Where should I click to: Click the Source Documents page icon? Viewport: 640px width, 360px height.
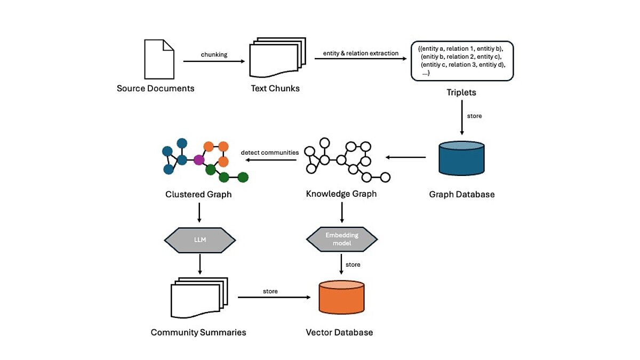159,59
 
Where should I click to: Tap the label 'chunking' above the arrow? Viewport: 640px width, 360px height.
214,54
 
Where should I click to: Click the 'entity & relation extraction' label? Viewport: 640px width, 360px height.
361,53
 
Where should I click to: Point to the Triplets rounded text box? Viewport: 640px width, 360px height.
462,61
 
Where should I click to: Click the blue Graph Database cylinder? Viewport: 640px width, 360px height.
462,158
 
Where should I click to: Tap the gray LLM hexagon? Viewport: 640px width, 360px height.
199,241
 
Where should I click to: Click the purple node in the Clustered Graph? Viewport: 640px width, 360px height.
199,159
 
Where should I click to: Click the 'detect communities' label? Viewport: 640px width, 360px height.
270,153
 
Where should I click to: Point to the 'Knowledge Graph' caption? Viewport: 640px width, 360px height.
341,194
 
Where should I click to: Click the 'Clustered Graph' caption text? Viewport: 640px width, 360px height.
198,194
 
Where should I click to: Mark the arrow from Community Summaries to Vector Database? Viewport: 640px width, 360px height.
275,298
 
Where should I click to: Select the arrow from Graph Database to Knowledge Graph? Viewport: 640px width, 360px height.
406,157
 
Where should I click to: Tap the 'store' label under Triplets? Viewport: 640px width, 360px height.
474,116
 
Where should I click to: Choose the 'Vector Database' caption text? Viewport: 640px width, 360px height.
339,332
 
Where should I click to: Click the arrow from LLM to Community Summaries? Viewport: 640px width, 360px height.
199,264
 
